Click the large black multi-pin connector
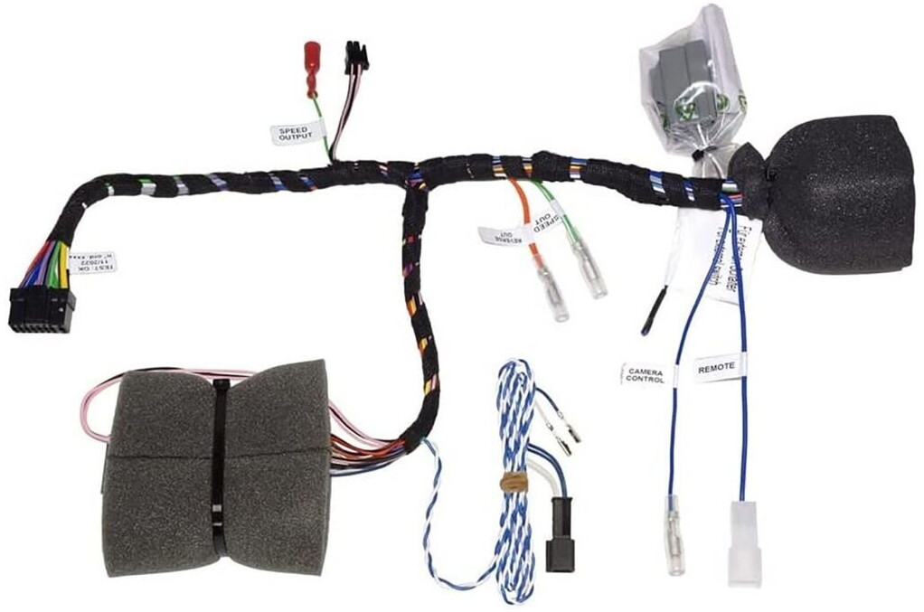[x=42, y=308]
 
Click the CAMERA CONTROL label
[x=646, y=373]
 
